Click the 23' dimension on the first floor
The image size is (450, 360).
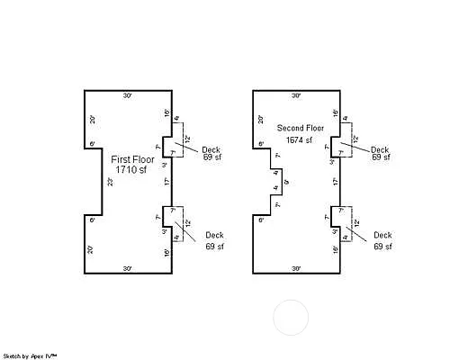tap(110, 182)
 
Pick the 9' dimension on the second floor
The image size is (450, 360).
tap(286, 183)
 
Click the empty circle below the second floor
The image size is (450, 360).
tap(291, 318)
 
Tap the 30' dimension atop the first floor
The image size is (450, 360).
tap(128, 95)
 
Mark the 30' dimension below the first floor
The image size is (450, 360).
tap(128, 268)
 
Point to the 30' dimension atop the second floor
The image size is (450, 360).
tap(296, 95)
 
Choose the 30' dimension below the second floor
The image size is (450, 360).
tap(296, 268)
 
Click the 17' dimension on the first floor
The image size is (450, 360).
tap(166, 182)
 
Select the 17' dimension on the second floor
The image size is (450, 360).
tap(335, 182)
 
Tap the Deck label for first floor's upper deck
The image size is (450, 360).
tap(211, 148)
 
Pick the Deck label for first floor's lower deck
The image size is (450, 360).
tap(214, 235)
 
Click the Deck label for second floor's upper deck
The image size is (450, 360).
tap(381, 148)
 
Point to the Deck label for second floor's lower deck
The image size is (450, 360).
tap(383, 235)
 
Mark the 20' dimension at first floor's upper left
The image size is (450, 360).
tap(91, 119)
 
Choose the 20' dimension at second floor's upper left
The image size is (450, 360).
tap(259, 119)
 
